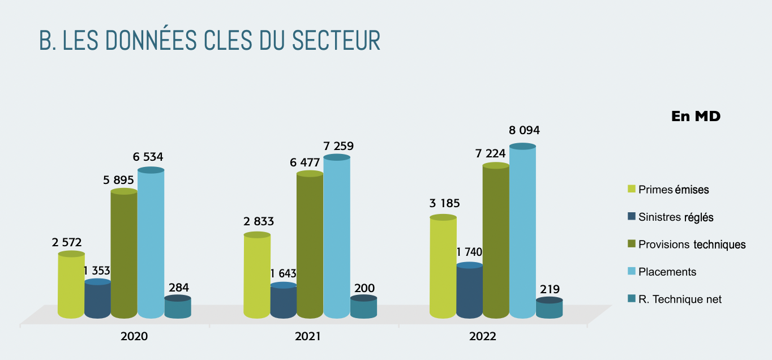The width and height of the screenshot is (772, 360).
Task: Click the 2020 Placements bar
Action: (151, 243)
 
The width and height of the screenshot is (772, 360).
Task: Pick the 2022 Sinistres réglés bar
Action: (470, 291)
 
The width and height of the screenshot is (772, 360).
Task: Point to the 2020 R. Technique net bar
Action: (178, 308)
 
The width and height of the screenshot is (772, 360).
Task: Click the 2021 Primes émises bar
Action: (257, 275)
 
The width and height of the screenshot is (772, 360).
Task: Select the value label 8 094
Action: (524, 131)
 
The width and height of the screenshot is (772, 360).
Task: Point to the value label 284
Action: (179, 287)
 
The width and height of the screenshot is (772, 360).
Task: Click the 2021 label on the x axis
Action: (308, 336)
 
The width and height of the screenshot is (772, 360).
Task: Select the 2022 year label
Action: (482, 336)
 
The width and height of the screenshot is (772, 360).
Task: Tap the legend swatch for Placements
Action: (632, 272)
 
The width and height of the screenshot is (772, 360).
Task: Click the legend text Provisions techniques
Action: (692, 245)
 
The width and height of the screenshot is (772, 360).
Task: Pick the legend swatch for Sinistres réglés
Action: (632, 217)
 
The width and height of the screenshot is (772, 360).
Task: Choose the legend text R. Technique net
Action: (680, 299)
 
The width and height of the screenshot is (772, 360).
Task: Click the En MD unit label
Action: (696, 116)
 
